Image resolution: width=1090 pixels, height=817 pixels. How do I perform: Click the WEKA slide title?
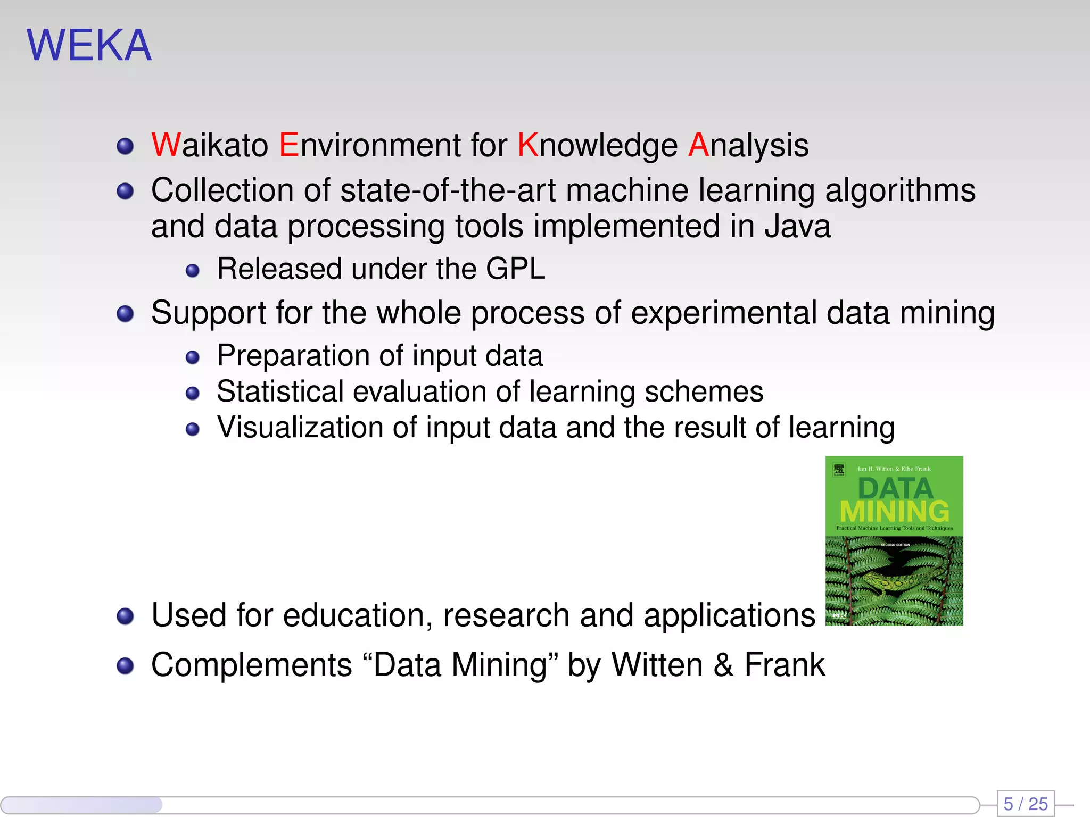coord(89,46)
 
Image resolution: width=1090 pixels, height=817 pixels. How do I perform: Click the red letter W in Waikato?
coord(166,145)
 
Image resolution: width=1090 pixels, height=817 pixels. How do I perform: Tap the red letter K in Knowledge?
coord(528,145)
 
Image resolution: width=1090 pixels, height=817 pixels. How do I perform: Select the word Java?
coord(797,227)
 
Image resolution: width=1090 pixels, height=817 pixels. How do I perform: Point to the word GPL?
coord(515,269)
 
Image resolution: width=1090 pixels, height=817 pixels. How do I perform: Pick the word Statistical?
coord(280,392)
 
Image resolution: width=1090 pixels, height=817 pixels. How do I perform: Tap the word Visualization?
coord(300,428)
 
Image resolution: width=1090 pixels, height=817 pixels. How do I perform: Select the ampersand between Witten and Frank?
coord(723,665)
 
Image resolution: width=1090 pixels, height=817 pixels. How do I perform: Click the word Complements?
coord(252,665)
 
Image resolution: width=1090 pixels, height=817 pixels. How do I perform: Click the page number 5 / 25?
coord(1025,804)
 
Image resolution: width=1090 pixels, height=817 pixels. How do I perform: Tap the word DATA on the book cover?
coord(895,488)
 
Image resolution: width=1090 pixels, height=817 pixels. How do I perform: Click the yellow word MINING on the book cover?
coord(894,512)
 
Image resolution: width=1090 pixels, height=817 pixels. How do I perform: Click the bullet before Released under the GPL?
coord(192,271)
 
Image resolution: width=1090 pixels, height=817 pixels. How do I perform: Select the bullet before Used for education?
coord(125,616)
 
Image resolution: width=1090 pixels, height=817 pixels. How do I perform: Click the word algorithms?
coord(900,190)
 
